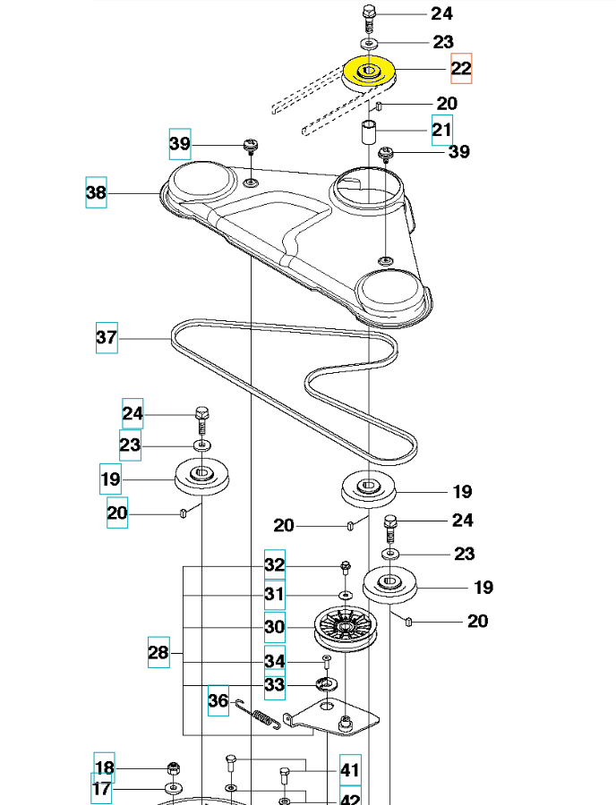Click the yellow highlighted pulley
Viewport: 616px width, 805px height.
point(369,73)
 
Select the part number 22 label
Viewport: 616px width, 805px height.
point(460,69)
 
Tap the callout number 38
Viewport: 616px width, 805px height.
point(96,192)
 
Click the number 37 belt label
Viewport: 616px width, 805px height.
point(107,339)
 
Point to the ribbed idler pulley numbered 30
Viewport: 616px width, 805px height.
point(347,630)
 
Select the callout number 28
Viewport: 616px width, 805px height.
point(158,654)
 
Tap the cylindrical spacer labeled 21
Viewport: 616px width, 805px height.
point(368,134)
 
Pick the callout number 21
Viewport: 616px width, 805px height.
point(442,130)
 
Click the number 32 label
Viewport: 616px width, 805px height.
point(274,564)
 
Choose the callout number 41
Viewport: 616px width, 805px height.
point(350,770)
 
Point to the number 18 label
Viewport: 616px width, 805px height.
point(105,767)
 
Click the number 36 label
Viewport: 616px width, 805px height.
point(218,700)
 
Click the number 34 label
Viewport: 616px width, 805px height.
point(274,660)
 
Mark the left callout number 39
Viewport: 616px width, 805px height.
point(180,143)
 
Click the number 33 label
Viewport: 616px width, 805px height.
point(274,685)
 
